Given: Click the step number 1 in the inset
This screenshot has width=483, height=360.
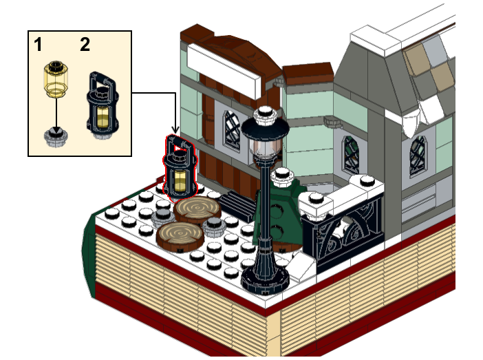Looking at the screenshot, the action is [38, 45].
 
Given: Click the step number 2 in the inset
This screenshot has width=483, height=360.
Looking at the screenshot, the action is [85, 45].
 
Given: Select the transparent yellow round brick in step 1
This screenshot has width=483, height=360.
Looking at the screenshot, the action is [56, 78].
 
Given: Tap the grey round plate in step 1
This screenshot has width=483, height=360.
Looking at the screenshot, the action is [56, 138].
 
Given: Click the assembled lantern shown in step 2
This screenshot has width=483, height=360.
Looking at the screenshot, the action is [103, 105].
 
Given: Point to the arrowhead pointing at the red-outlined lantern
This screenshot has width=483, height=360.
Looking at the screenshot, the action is [175, 129].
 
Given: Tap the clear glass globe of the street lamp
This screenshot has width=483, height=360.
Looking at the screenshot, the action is [265, 148].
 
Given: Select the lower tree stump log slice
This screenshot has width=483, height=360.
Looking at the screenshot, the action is [180, 236].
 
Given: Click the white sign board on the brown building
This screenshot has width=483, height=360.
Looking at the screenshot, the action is [224, 71].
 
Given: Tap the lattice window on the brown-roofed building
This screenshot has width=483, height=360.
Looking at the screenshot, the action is [233, 131].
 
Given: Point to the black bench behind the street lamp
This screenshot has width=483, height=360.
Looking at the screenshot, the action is [238, 206].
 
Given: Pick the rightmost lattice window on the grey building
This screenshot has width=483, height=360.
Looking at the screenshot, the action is [418, 156].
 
